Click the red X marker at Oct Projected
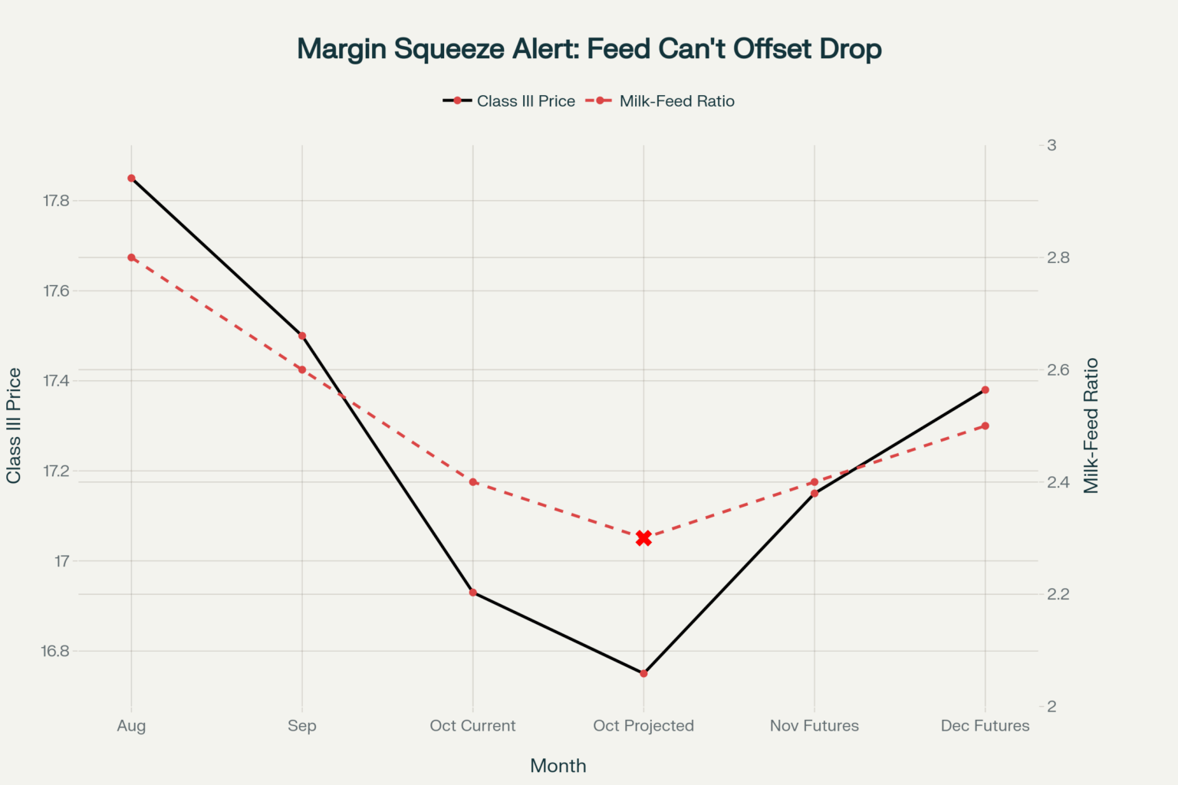643,538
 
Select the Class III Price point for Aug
131,178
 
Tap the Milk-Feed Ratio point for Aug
131,258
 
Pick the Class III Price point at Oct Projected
643,674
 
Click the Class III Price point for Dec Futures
986,390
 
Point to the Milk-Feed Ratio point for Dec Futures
986,426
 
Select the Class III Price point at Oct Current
473,593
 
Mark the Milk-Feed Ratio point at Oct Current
473,482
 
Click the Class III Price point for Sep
302,336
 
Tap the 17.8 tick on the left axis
56,201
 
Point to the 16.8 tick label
55,652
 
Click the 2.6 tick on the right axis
1058,370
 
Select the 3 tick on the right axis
1051,145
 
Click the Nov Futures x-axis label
814,726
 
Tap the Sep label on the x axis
302,726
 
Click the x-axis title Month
558,766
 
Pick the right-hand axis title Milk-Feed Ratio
1091,426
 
